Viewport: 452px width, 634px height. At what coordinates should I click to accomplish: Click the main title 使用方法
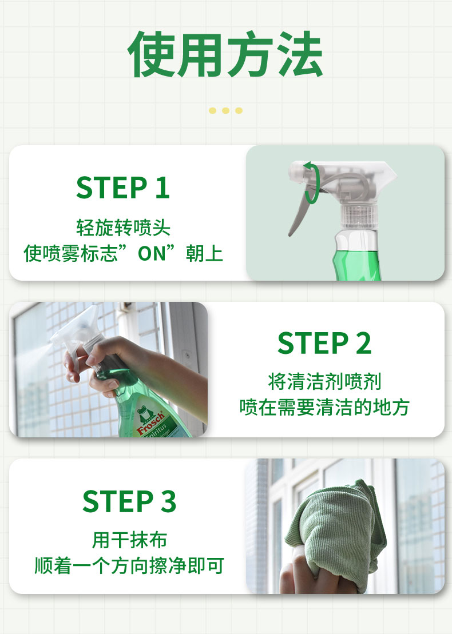coord(225,54)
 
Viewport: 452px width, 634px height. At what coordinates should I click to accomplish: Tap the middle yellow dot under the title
coord(226,110)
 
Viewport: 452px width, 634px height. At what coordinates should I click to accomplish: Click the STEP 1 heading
coord(123,188)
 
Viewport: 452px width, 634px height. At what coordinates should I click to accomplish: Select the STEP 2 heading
coord(324,343)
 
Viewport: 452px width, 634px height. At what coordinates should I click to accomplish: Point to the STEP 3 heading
coord(129,501)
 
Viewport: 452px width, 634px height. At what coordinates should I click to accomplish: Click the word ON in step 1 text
coord(152,253)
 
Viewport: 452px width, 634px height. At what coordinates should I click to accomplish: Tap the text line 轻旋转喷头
coord(124,228)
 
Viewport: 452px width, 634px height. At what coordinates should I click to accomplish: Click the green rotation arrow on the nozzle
coord(312,182)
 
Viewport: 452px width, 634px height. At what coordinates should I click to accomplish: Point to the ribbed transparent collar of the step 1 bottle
coord(359,216)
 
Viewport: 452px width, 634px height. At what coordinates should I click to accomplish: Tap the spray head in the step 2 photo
coord(77,331)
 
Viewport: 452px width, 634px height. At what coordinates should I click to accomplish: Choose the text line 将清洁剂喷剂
coord(324,382)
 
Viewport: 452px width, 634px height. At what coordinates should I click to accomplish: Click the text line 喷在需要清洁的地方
coord(324,407)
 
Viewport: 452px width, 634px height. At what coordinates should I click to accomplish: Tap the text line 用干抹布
coord(129,540)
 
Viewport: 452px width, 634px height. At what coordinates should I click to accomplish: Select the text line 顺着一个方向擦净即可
coord(129,565)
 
